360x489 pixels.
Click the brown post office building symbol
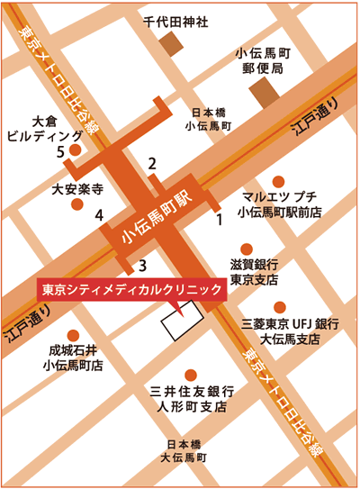(265, 91)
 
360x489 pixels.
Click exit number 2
(152, 163)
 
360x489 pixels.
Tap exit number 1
(217, 218)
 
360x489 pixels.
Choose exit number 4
(100, 214)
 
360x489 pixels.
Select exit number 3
(141, 265)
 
